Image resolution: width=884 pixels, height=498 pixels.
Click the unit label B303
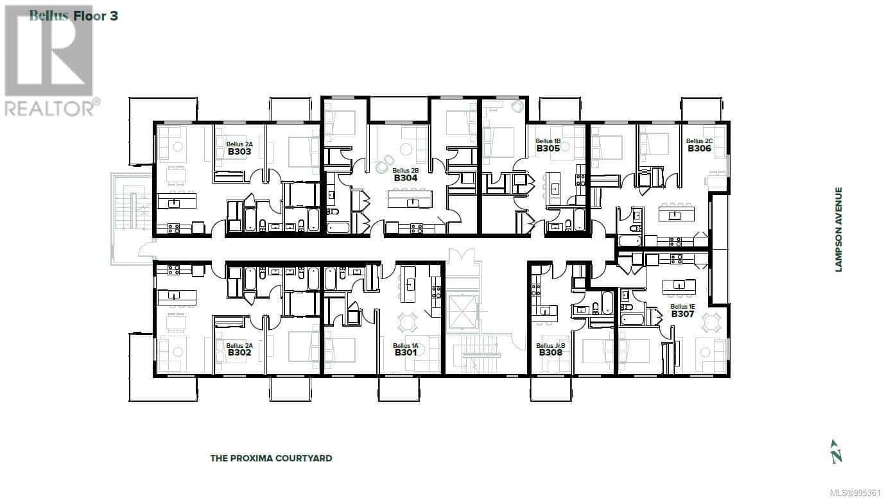(x=239, y=151)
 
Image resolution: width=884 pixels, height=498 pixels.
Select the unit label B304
(x=406, y=178)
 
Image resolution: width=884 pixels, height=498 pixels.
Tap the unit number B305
(x=548, y=148)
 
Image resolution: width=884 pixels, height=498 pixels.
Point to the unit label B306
(x=699, y=148)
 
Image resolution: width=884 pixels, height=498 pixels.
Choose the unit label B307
(x=682, y=314)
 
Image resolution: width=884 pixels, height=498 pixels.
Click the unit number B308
(x=551, y=352)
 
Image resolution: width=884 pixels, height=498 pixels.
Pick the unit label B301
(x=406, y=352)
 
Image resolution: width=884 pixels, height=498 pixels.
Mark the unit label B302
(x=239, y=352)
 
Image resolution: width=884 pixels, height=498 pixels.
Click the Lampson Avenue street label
(x=838, y=230)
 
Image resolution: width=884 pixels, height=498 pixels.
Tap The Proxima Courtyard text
(x=271, y=458)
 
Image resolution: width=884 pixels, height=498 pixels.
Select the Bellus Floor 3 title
(x=74, y=16)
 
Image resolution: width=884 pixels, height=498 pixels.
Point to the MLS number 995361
(x=856, y=493)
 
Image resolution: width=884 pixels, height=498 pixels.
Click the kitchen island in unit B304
(x=410, y=199)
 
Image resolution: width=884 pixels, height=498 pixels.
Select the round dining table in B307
(x=711, y=322)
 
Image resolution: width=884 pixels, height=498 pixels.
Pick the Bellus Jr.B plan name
(x=551, y=346)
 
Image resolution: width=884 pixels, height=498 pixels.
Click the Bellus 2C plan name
(x=699, y=141)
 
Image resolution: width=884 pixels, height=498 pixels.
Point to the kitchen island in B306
(x=677, y=214)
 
